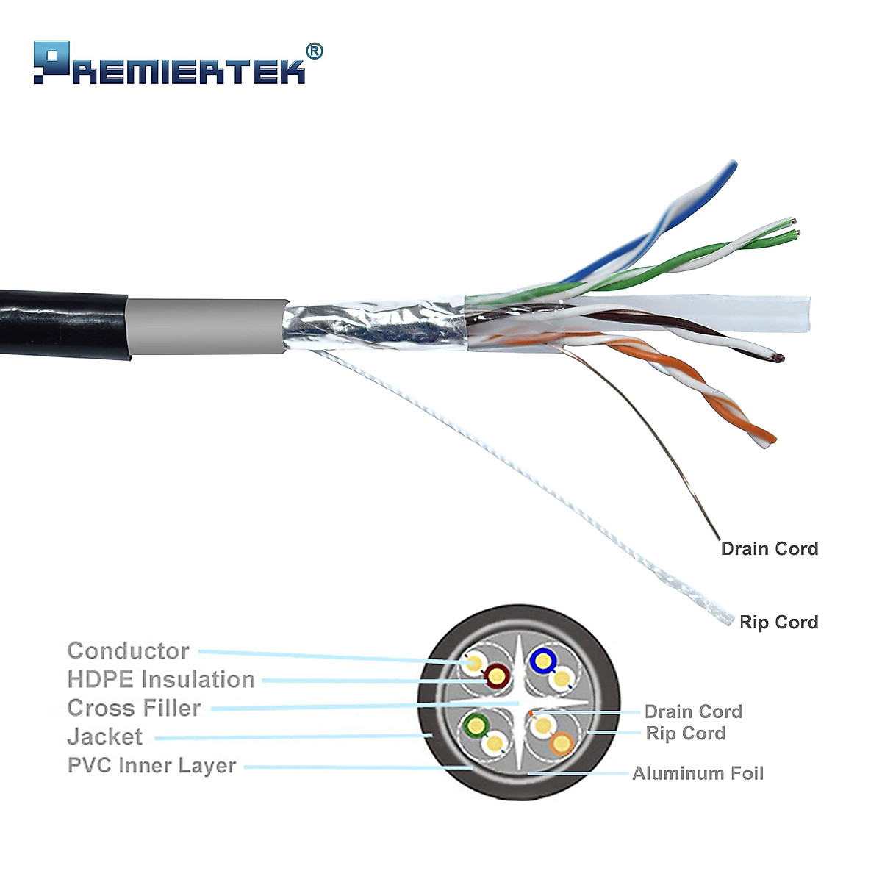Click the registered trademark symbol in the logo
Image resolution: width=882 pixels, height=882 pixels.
[x=314, y=51]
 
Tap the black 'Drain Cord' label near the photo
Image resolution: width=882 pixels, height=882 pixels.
[x=769, y=548]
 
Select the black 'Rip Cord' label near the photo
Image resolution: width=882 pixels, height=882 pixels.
[x=778, y=622]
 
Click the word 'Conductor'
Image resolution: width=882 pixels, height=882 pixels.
[x=128, y=650]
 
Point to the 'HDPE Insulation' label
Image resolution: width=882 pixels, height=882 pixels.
[x=161, y=679]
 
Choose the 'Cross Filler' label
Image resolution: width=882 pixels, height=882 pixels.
[x=134, y=708]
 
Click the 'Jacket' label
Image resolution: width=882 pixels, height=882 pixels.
[x=105, y=736]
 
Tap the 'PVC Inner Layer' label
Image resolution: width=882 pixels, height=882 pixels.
[x=151, y=765]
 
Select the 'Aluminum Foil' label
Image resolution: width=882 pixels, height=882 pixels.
[x=698, y=773]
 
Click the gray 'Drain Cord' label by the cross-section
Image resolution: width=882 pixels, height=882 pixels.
[x=693, y=711]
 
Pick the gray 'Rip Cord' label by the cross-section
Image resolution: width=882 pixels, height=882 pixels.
[x=685, y=734]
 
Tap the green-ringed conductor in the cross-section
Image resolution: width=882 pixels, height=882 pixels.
[x=477, y=727]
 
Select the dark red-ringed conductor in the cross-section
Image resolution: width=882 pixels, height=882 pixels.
[x=498, y=674]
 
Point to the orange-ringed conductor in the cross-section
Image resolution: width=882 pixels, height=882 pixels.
[x=562, y=744]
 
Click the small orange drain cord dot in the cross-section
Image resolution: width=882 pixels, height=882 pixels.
[x=531, y=714]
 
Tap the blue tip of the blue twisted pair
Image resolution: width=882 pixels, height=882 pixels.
[x=730, y=168]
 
